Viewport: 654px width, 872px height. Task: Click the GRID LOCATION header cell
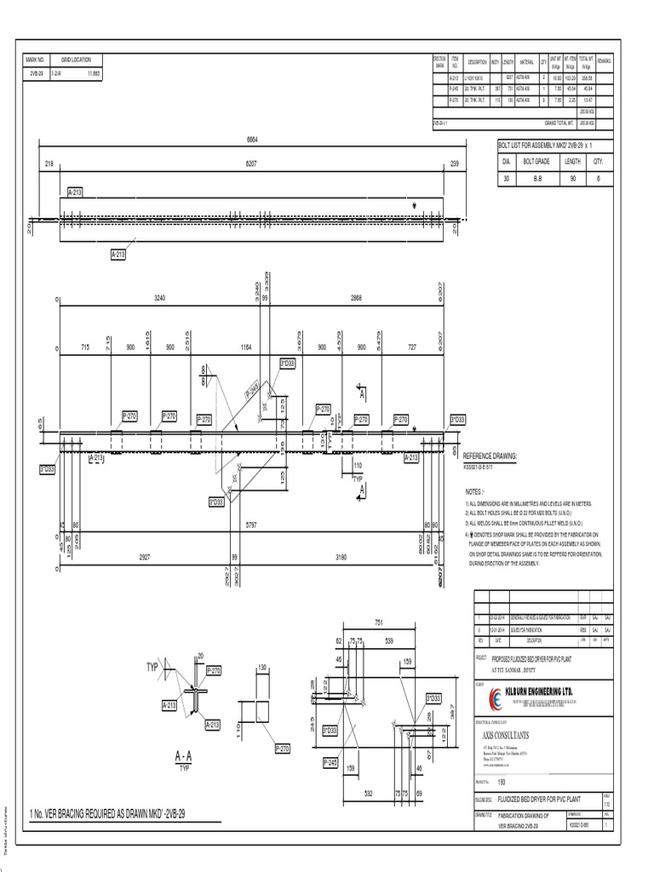click(77, 60)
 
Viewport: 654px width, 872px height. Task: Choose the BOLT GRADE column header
click(537, 160)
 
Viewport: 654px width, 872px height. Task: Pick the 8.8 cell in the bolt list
click(536, 180)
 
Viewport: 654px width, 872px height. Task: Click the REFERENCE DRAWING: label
click(490, 456)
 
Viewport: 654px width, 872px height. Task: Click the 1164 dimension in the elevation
click(246, 347)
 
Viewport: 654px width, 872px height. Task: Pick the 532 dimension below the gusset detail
click(370, 795)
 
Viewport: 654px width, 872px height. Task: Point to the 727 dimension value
click(411, 347)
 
